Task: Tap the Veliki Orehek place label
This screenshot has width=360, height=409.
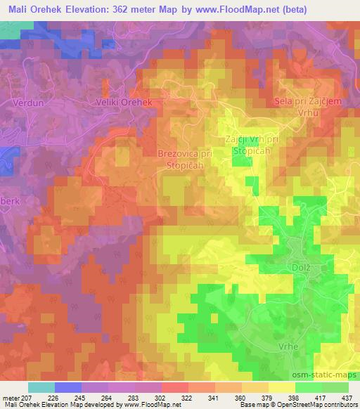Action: (x=124, y=102)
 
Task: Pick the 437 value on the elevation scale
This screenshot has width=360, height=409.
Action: (x=347, y=397)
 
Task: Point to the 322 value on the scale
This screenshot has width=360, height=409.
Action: (x=187, y=397)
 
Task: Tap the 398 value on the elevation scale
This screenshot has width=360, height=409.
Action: (x=294, y=397)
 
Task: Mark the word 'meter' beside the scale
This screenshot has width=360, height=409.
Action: (x=11, y=397)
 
